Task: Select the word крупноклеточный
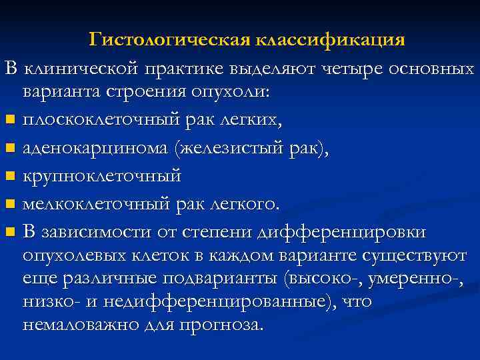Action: tap(101, 176)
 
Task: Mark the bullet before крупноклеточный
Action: tap(9, 177)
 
